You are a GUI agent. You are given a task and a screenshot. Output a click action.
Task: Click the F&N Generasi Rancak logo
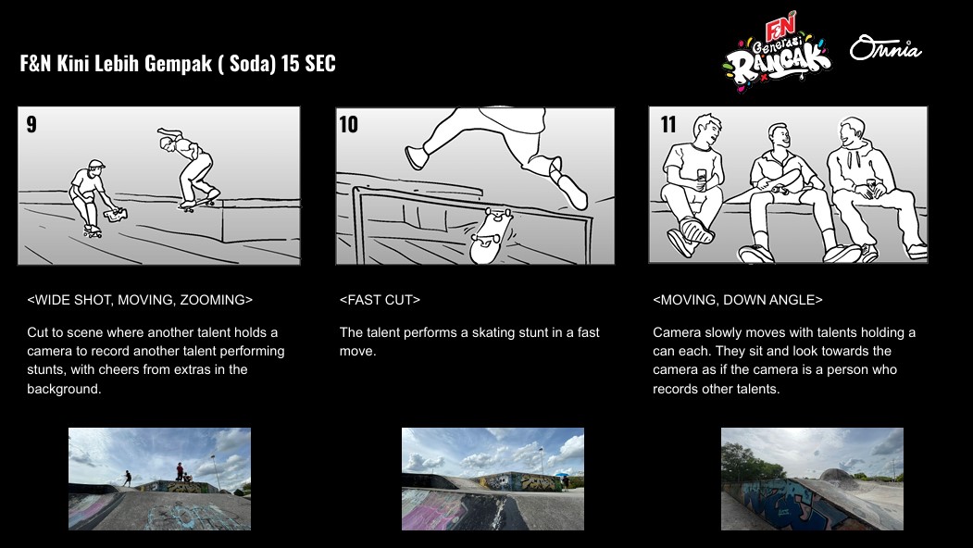pos(777,52)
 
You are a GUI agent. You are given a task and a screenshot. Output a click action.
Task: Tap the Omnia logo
pos(885,48)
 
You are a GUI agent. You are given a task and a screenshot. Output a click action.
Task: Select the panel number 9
pos(31,124)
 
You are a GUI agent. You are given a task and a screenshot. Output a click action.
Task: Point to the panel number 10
pos(349,124)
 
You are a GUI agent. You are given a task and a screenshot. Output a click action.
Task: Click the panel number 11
pos(668,124)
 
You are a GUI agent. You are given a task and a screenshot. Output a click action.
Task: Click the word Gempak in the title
pos(178,63)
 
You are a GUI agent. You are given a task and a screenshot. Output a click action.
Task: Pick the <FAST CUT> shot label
pos(380,300)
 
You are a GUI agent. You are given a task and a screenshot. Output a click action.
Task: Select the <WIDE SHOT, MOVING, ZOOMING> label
pos(140,300)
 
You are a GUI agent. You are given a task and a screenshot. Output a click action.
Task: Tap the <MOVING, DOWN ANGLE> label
pos(738,300)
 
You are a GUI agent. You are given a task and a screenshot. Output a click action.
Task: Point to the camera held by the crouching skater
pos(116,215)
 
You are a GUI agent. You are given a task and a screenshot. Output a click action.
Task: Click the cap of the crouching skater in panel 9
pos(95,165)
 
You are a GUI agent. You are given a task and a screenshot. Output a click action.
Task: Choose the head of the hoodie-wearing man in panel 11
pos(852,131)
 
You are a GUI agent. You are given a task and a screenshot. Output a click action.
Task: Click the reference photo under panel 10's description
pos(493,479)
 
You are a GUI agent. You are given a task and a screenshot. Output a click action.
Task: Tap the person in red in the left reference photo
pos(180,471)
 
